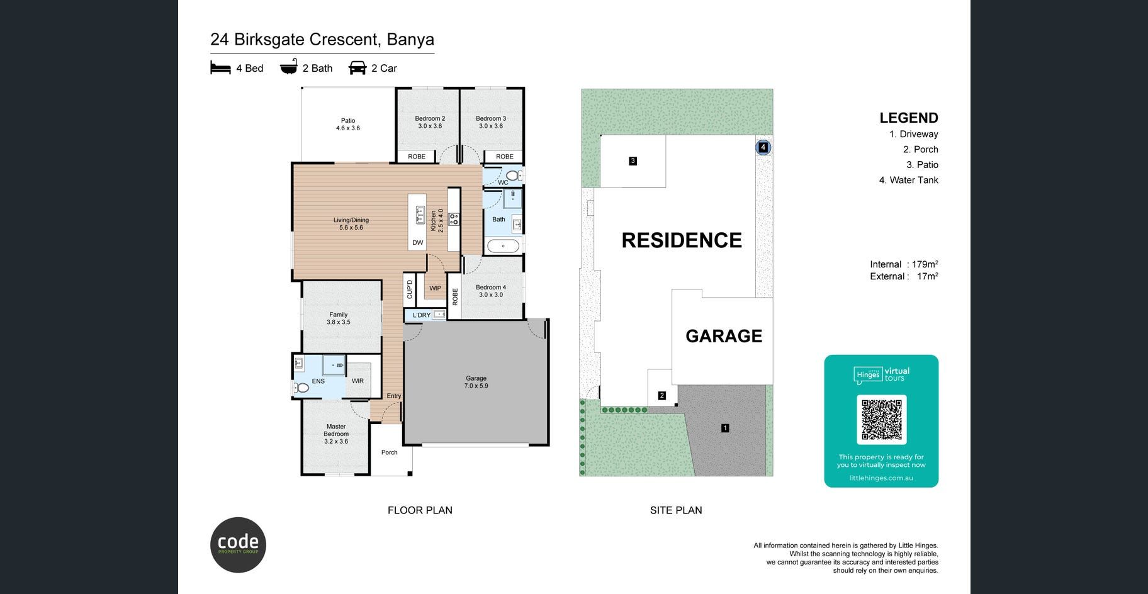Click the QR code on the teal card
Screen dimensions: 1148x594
pyautogui.click(x=881, y=420)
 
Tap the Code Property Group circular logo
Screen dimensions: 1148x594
pyautogui.click(x=238, y=545)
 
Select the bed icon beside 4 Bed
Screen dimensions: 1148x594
pyautogui.click(x=220, y=67)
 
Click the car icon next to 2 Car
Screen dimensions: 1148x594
pyautogui.click(x=357, y=67)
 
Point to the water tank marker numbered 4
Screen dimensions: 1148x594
pyautogui.click(x=763, y=147)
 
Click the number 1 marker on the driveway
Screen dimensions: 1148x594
pyautogui.click(x=725, y=428)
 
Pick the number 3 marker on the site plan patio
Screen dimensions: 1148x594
pyautogui.click(x=633, y=161)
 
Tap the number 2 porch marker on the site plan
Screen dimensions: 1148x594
pyautogui.click(x=661, y=396)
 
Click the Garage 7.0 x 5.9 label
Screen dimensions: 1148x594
pyautogui.click(x=476, y=382)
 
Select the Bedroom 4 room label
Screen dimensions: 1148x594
pyautogui.click(x=491, y=291)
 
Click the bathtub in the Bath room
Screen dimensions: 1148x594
pyautogui.click(x=503, y=246)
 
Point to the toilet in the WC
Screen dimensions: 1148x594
pyautogui.click(x=513, y=176)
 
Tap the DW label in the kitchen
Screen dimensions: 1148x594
pyautogui.click(x=418, y=242)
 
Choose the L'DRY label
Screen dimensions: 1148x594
pyautogui.click(x=421, y=315)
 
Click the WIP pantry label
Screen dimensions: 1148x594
pyautogui.click(x=435, y=288)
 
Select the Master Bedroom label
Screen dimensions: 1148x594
pyautogui.click(x=336, y=434)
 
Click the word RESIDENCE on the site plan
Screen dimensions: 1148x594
pyautogui.click(x=682, y=240)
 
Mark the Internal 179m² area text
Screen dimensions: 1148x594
pyautogui.click(x=904, y=264)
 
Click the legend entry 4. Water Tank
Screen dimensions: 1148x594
pyautogui.click(x=908, y=180)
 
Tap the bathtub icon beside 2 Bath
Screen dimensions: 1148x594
pyautogui.click(x=289, y=67)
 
